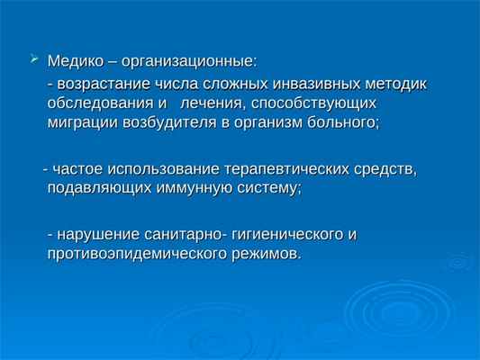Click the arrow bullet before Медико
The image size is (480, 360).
(34, 59)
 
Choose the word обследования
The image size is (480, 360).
(100, 103)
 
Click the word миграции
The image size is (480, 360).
(84, 123)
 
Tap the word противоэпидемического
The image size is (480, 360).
(134, 254)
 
